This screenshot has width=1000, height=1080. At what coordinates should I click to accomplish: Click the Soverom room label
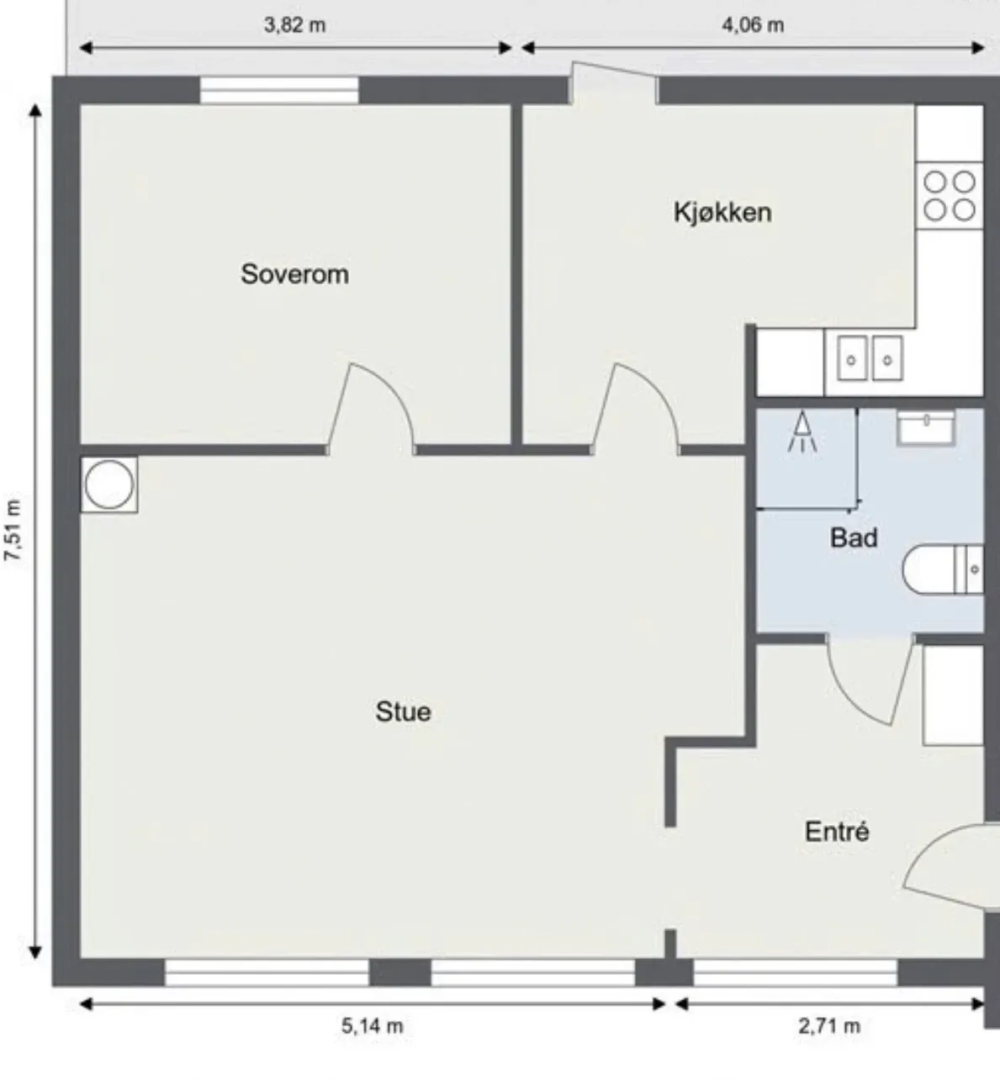(x=294, y=273)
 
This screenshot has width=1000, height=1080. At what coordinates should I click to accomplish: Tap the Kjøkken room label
(x=722, y=212)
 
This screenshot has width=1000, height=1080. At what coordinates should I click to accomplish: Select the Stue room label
(x=404, y=712)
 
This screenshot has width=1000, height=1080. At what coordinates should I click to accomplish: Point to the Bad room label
(x=854, y=537)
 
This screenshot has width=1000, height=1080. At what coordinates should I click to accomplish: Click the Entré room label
(x=837, y=831)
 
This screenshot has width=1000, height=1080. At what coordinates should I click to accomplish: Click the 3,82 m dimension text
(x=294, y=25)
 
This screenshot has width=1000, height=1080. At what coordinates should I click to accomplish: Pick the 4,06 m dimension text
(x=753, y=25)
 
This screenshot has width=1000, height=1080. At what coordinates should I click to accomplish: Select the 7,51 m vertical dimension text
(x=13, y=530)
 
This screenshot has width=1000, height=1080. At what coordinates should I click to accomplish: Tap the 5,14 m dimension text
(x=373, y=1026)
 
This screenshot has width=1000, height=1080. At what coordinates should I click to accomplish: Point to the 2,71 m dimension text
(x=829, y=1026)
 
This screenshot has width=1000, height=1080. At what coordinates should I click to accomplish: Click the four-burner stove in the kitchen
(x=950, y=196)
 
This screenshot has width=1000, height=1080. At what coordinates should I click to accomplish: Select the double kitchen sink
(x=870, y=357)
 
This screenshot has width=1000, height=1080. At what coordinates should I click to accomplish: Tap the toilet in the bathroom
(x=942, y=569)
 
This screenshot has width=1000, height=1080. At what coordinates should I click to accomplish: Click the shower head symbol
(x=802, y=433)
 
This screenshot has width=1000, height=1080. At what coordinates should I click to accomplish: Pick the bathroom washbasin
(x=925, y=427)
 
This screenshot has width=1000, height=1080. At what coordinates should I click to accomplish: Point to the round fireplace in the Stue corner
(x=109, y=484)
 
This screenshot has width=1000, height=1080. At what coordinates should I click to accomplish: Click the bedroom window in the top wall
(x=279, y=90)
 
